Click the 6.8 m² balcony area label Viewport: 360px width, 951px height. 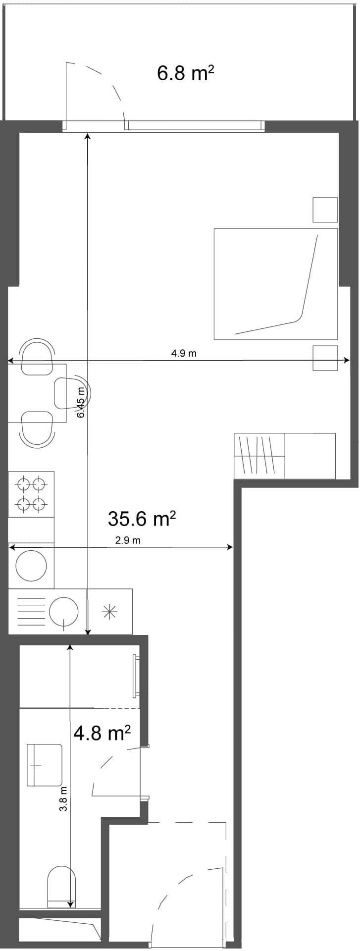tap(185, 73)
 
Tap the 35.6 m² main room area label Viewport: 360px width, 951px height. tap(142, 519)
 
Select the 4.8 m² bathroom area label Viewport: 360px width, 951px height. tap(102, 733)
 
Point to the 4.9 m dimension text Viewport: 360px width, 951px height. tap(184, 353)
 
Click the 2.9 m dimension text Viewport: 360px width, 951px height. tap(128, 540)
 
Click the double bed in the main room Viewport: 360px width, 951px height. tap(275, 284)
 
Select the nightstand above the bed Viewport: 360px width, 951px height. tap(325, 210)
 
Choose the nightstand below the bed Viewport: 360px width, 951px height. tap(325, 358)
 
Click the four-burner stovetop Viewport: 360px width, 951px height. tap(31, 494)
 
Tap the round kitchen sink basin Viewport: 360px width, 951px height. tap(31, 565)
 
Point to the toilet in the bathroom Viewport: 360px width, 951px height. tap(61, 885)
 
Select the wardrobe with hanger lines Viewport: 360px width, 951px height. tap(259, 456)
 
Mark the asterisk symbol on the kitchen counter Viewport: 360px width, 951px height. tap(109, 612)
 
